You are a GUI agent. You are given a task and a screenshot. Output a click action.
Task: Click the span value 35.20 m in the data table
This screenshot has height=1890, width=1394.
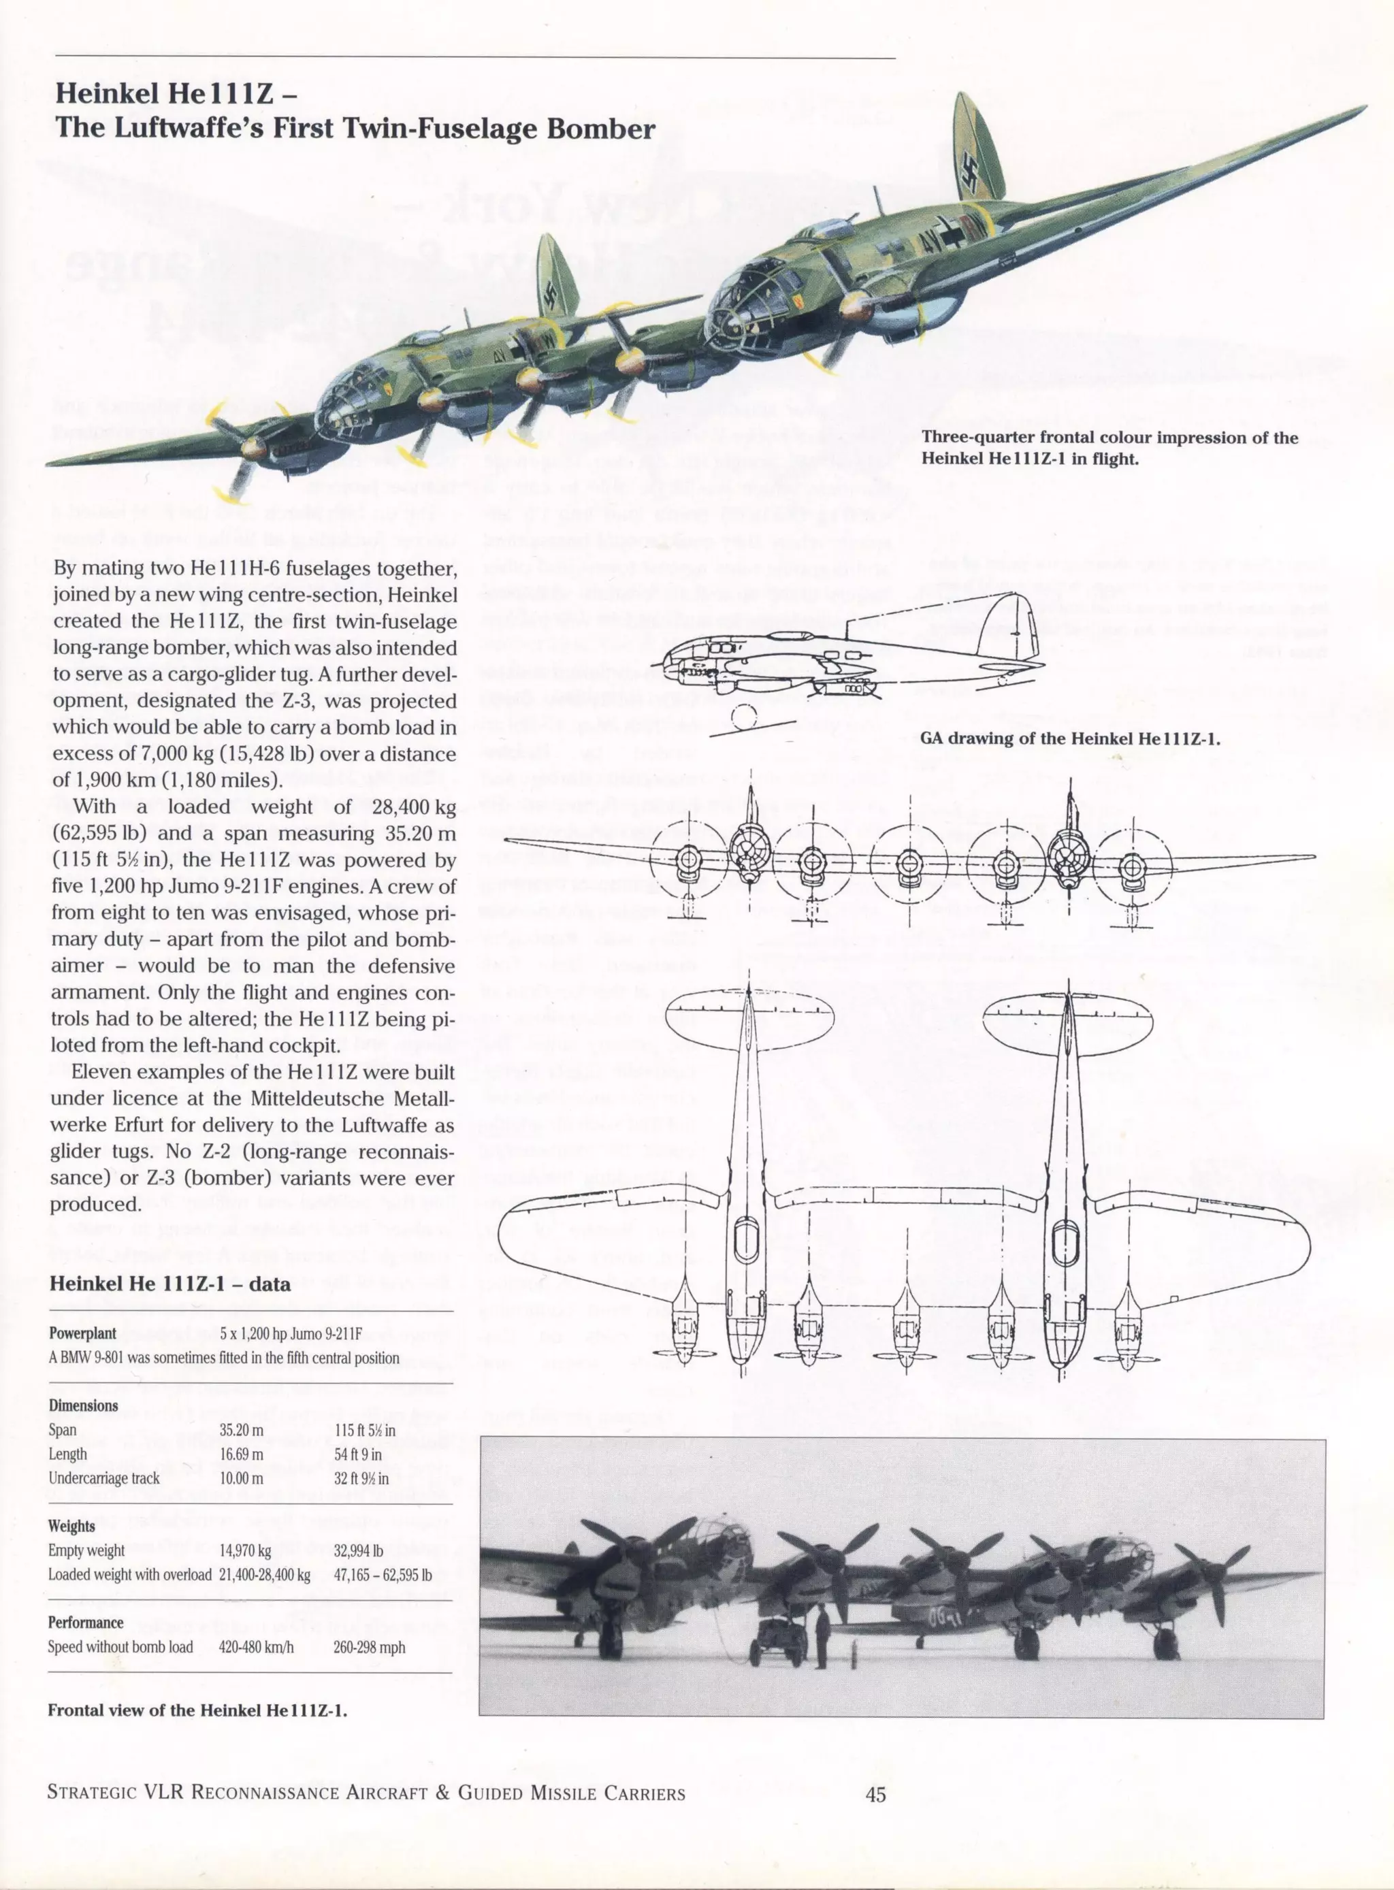[242, 1429]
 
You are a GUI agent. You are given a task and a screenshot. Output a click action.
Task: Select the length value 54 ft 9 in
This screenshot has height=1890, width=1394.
[358, 1454]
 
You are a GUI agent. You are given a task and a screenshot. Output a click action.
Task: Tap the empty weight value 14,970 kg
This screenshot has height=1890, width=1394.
[245, 1550]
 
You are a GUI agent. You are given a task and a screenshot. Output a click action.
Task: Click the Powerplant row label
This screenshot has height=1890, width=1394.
[82, 1333]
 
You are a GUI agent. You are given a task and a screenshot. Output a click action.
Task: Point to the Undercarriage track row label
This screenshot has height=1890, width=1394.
[103, 1478]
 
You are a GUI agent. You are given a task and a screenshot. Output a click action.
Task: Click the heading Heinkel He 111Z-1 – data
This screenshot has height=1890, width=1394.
[169, 1284]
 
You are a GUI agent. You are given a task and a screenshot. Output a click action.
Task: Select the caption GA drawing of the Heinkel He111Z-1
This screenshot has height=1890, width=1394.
[1070, 738]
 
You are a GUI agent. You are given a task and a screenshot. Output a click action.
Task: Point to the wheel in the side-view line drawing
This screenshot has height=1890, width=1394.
[744, 718]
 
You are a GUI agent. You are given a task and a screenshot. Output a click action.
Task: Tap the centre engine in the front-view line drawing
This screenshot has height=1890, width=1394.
[908, 862]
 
